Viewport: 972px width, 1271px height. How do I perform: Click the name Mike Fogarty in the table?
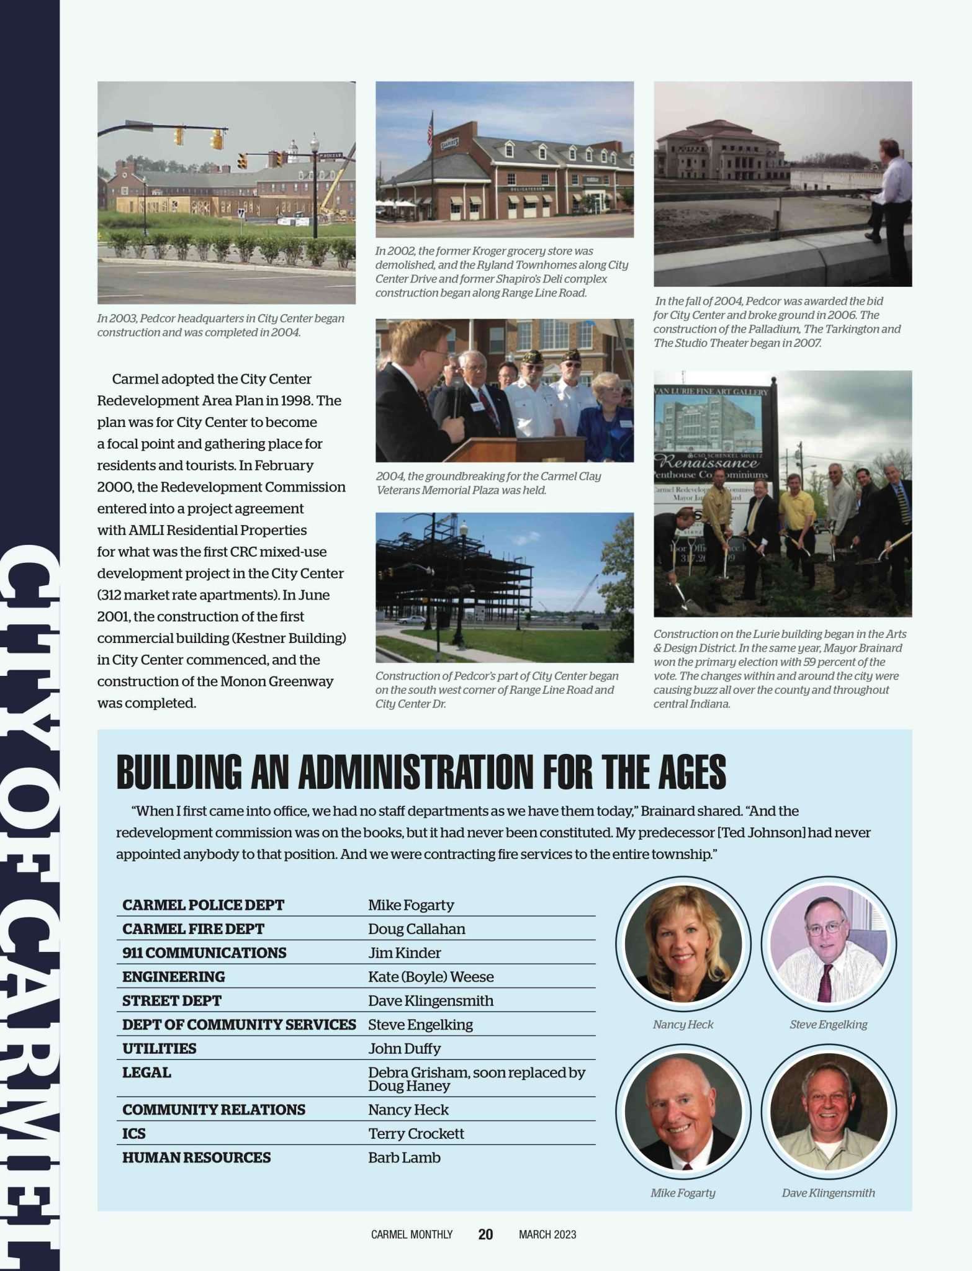[x=411, y=905]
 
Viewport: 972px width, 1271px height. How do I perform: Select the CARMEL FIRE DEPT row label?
[x=193, y=929]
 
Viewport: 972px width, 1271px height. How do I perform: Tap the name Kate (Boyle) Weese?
[x=431, y=977]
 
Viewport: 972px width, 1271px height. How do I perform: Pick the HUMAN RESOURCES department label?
[x=196, y=1157]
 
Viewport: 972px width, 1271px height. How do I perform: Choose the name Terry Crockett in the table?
[x=416, y=1133]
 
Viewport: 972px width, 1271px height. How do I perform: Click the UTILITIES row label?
[x=159, y=1048]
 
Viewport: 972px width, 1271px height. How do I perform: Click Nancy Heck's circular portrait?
[x=683, y=944]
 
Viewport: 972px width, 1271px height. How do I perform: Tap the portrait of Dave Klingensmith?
[x=828, y=1112]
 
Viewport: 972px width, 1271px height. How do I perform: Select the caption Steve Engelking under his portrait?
[x=828, y=1025]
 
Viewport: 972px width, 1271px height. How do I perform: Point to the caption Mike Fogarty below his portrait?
[x=683, y=1193]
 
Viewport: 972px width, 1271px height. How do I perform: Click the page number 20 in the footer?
[x=485, y=1234]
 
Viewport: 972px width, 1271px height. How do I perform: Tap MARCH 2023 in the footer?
[x=547, y=1234]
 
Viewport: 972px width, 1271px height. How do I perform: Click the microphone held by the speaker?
[x=457, y=397]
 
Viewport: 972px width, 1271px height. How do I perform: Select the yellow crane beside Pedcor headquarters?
[x=335, y=187]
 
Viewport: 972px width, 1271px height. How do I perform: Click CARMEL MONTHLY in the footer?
[x=412, y=1234]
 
